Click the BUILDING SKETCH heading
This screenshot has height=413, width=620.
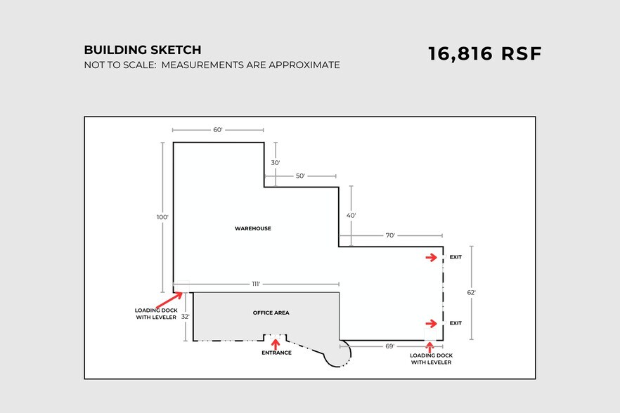(x=142, y=50)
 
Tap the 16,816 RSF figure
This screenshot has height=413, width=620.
(x=484, y=54)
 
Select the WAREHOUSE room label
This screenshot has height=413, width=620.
(x=253, y=228)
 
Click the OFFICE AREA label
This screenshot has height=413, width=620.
(x=271, y=313)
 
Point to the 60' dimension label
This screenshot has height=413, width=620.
(x=218, y=130)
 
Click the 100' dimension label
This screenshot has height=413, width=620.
(x=162, y=217)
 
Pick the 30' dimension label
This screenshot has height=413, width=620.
(x=276, y=163)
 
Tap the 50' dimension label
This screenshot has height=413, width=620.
(x=301, y=176)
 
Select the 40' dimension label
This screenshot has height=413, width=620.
(x=351, y=216)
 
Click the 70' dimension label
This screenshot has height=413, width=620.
(x=390, y=235)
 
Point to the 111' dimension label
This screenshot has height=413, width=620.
(x=256, y=284)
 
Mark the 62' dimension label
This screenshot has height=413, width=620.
(x=471, y=292)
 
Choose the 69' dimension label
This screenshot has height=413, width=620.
(x=390, y=346)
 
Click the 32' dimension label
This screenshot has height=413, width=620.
(x=186, y=317)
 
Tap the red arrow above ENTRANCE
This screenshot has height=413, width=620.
(x=276, y=343)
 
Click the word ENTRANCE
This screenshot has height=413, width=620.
(x=276, y=353)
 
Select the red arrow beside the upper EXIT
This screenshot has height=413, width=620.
(x=432, y=257)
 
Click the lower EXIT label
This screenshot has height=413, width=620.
(x=456, y=323)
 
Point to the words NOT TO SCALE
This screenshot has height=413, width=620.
(x=120, y=65)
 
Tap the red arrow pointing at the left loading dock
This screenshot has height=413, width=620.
(x=169, y=301)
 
